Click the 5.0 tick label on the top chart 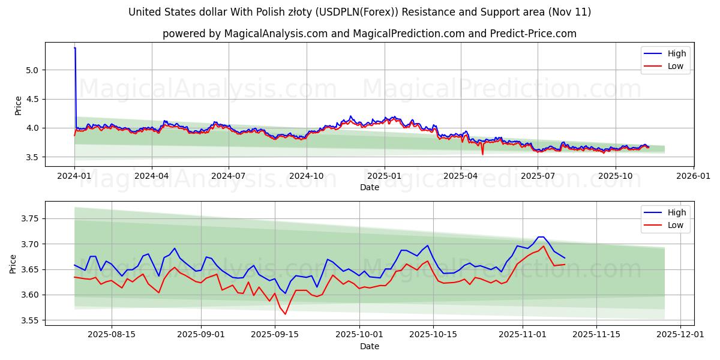point(31,70)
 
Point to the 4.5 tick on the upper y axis point(31,99)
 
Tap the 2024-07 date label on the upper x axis point(229,176)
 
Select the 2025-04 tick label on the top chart point(461,176)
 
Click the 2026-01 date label point(693,176)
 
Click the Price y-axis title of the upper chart point(19,105)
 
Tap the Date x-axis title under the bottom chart point(370,346)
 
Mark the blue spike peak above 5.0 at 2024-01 point(74,47)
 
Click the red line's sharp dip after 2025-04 point(482,154)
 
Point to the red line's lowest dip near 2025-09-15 point(285,314)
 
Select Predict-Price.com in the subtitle point(537,34)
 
